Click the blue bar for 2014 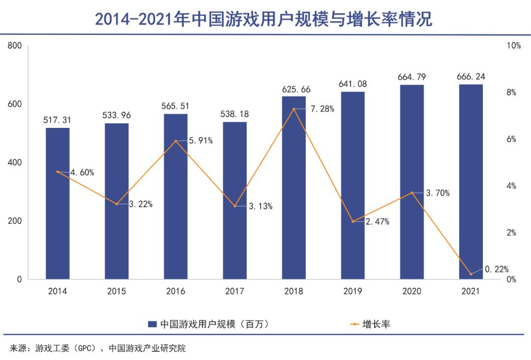[58, 204]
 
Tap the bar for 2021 [471, 182]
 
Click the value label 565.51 [176, 106]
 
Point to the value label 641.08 [353, 84]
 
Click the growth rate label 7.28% [322, 109]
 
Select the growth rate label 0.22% [497, 269]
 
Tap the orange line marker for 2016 [176, 141]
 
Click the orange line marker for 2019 [353, 221]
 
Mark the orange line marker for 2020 [412, 193]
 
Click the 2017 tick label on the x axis [235, 291]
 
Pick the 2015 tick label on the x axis [117, 291]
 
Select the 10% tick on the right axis [513, 46]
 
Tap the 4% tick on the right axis [511, 186]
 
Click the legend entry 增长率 [376, 324]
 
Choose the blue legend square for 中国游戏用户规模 [152, 324]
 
